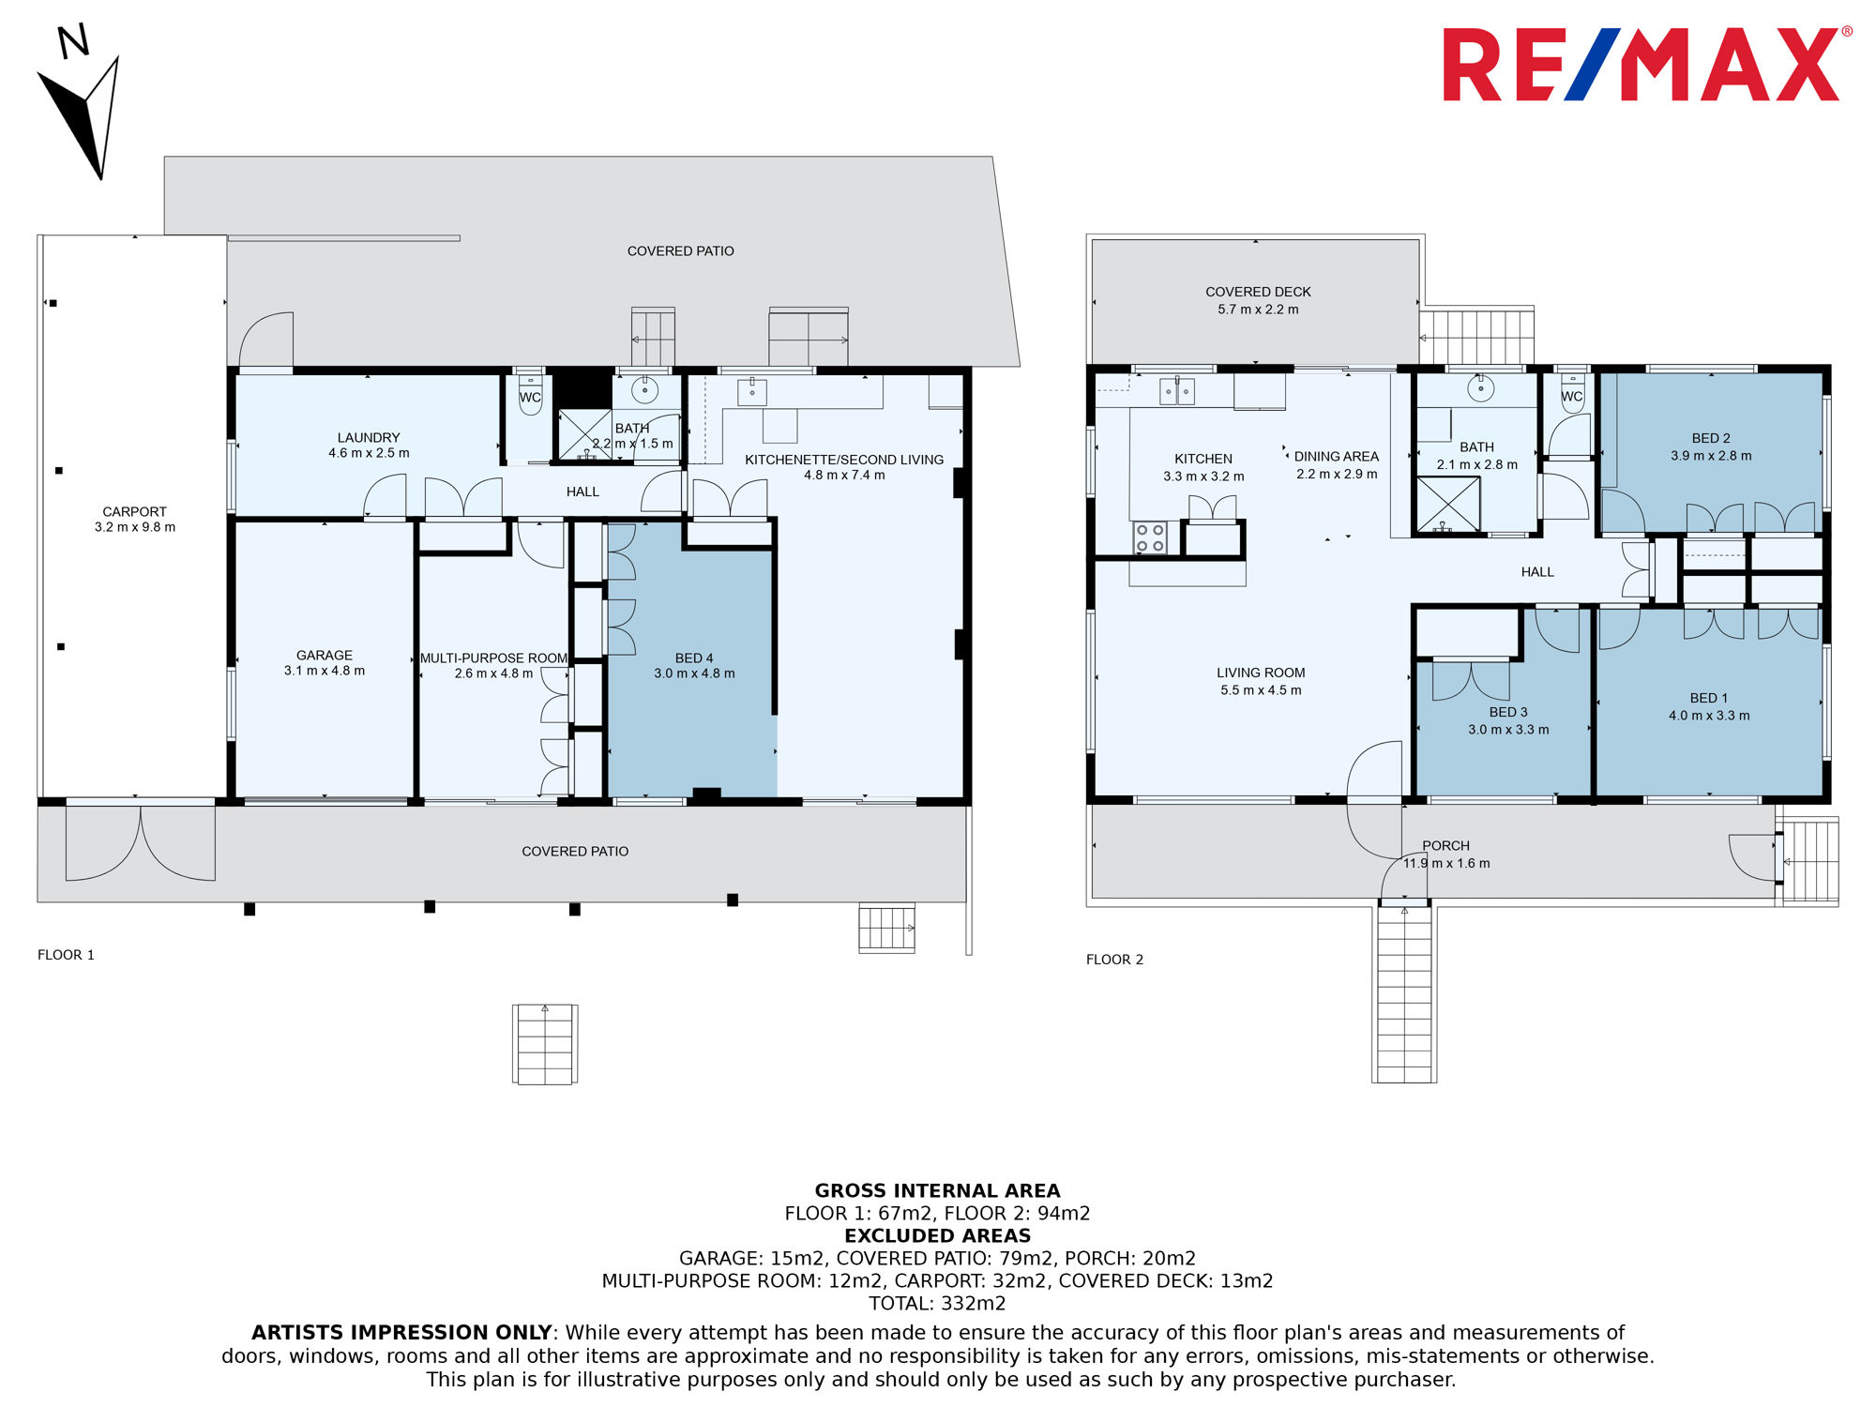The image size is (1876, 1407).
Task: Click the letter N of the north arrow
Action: (73, 41)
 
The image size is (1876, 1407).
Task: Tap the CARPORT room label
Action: (135, 511)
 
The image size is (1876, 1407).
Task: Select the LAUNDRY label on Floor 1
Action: (369, 437)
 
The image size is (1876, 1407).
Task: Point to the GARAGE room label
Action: (325, 655)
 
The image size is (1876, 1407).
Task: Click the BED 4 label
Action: (694, 658)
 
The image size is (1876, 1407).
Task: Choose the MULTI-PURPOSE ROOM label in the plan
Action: (493, 658)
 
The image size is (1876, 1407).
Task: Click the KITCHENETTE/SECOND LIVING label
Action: (844, 459)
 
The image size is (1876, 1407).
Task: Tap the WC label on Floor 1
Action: (530, 397)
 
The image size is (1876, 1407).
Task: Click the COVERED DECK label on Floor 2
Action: (1258, 292)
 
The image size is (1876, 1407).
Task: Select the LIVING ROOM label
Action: (1261, 673)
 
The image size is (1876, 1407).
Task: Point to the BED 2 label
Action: (1711, 438)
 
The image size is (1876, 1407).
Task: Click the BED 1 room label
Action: (1709, 698)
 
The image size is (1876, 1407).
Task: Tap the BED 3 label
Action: (1508, 712)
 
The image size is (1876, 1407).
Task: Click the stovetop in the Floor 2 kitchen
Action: (1150, 537)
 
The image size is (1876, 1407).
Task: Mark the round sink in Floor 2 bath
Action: (1480, 388)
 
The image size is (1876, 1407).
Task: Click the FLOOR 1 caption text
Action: (66, 955)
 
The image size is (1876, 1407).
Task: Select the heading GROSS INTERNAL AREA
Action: (937, 1190)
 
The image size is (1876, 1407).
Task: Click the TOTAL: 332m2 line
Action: (937, 1303)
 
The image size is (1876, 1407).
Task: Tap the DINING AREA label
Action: (1337, 456)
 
